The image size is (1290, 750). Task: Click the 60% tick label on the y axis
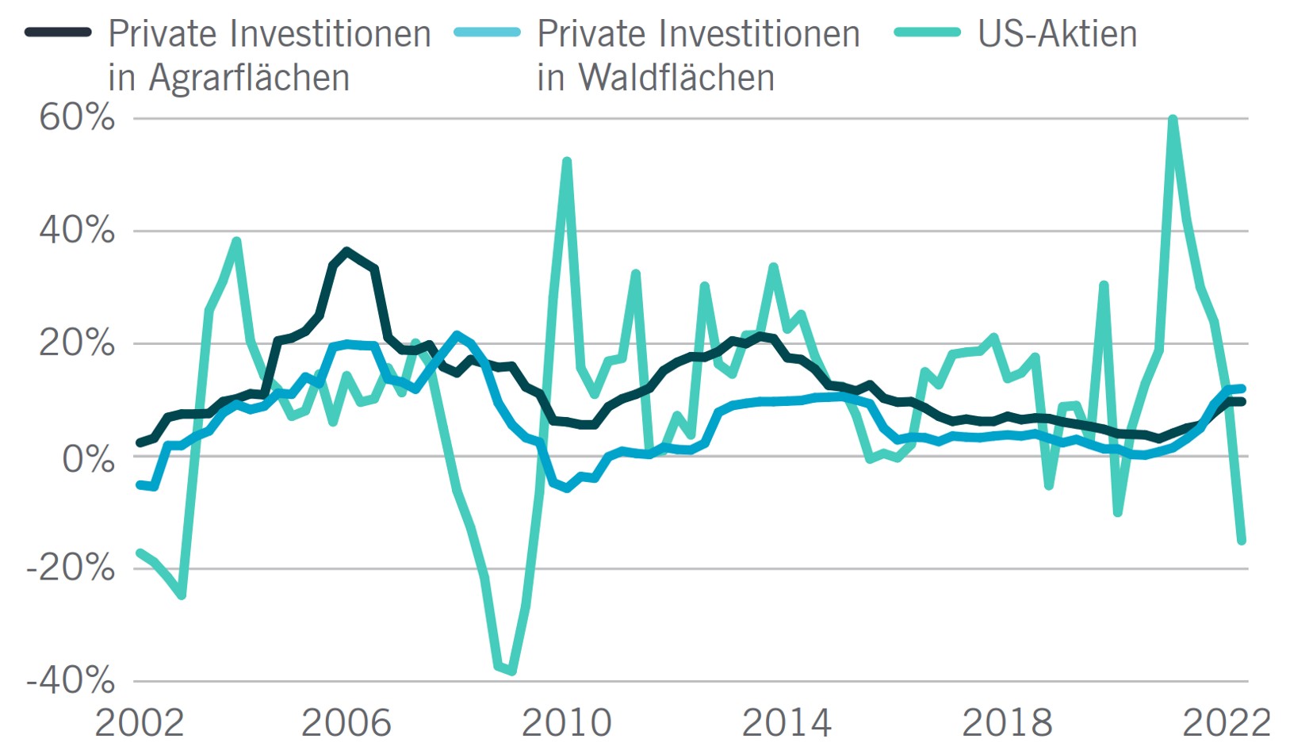(x=77, y=118)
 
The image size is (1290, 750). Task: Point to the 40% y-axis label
(x=77, y=231)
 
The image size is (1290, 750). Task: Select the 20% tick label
(x=77, y=344)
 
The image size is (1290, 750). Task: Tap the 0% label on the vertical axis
(x=88, y=458)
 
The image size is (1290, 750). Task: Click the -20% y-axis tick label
(x=71, y=568)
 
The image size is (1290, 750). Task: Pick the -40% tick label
(x=71, y=680)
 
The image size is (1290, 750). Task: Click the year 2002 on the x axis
(x=140, y=723)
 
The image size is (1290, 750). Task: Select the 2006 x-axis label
(x=346, y=723)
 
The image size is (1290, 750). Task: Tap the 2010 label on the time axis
(x=566, y=723)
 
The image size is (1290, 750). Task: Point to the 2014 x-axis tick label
(x=787, y=723)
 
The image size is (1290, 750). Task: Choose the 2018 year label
(x=1007, y=723)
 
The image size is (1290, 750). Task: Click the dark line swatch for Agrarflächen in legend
(x=58, y=33)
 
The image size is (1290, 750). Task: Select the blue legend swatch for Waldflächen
(x=487, y=33)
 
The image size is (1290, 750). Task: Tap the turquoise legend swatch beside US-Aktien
(x=927, y=33)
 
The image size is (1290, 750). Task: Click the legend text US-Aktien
(x=1057, y=34)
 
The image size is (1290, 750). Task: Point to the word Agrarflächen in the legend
(x=249, y=78)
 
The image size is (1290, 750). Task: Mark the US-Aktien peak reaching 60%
(x=1172, y=120)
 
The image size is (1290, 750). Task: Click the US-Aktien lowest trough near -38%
(x=512, y=671)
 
